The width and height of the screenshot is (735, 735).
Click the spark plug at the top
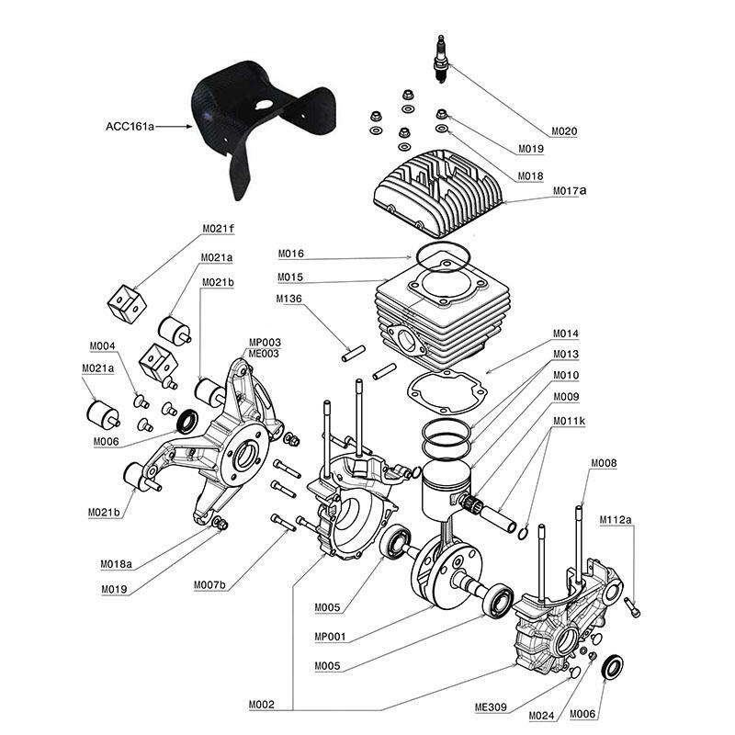click(441, 59)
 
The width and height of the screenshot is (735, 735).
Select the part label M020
click(564, 131)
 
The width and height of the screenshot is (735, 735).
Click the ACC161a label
click(130, 127)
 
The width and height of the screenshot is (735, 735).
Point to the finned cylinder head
click(437, 192)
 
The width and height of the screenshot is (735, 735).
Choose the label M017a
click(570, 191)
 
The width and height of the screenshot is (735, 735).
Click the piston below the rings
click(446, 491)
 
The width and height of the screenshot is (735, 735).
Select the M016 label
click(291, 254)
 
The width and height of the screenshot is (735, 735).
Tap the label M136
click(289, 299)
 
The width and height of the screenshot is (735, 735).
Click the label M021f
click(219, 229)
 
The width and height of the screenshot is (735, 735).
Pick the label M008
click(604, 463)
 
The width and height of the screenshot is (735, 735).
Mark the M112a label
click(616, 519)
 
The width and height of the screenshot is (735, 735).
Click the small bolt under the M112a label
click(632, 607)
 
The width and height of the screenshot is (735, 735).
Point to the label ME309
click(491, 707)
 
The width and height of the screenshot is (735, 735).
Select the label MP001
click(330, 637)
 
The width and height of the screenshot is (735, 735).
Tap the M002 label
click(262, 705)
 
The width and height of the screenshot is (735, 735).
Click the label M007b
click(210, 585)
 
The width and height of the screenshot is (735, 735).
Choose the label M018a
click(117, 564)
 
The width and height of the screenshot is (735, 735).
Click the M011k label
click(569, 421)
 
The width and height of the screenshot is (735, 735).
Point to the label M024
click(541, 716)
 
